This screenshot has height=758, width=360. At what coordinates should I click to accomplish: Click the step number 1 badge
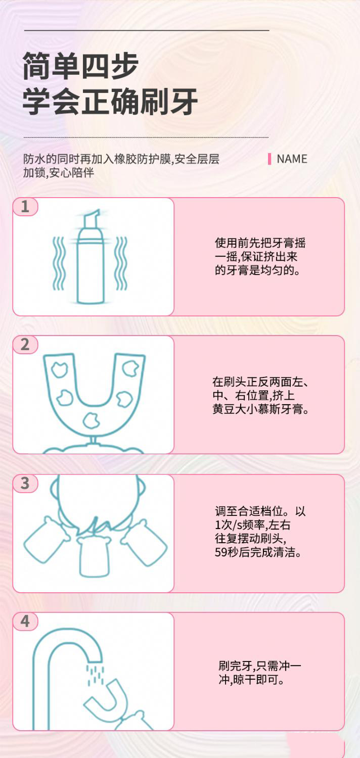point(25,206)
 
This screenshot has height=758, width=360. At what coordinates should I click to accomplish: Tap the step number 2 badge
point(25,345)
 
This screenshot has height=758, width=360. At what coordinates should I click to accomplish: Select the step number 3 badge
point(25,483)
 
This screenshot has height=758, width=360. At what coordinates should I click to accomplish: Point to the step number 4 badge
point(25,621)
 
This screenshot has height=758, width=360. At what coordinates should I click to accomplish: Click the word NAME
point(292,159)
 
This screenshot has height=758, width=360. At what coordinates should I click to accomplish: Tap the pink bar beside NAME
point(269,159)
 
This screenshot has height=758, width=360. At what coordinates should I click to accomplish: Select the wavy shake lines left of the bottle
point(58,263)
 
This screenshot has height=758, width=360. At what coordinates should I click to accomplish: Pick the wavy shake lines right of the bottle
point(121,263)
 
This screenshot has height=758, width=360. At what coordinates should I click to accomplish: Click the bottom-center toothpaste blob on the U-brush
point(91,420)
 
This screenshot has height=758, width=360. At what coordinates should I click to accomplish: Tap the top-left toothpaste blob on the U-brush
point(60,369)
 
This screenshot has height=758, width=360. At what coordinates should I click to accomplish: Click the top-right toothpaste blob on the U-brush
point(130,368)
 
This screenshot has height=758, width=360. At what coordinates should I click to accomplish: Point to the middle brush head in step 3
point(94,556)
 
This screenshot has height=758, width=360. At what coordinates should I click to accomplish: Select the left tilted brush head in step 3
point(47,540)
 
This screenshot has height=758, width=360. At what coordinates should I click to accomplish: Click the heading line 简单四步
point(80,65)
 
